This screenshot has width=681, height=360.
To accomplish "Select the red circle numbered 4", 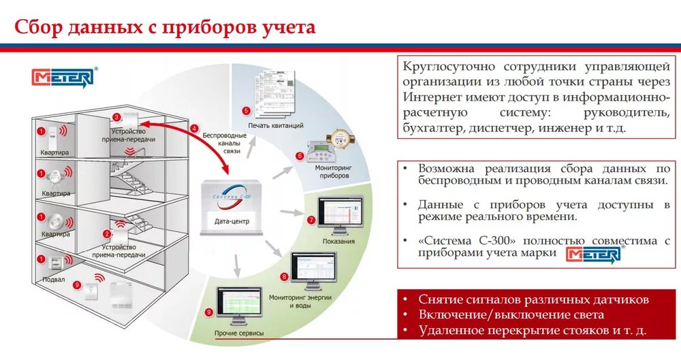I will click(194, 128).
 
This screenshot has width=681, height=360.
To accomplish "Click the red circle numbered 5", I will click(247, 110).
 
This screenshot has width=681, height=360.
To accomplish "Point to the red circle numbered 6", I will click(299, 156).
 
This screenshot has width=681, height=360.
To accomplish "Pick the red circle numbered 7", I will click(311, 220).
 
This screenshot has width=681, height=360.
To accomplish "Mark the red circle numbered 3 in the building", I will click(116, 117).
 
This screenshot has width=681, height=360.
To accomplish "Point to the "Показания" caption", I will click(338, 241).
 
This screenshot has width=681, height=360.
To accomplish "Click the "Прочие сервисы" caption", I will click(239, 333).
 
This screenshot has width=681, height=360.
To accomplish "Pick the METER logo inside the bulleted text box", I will click(593, 255).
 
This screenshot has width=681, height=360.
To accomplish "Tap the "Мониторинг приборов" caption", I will click(332, 171).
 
